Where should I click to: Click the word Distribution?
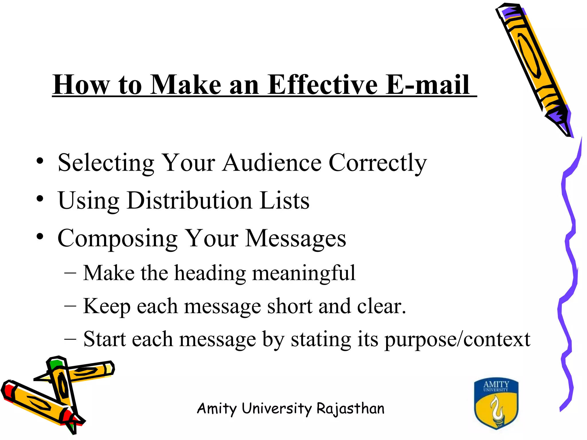[x=189, y=201]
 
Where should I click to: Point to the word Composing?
[x=118, y=239]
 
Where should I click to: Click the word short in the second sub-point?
[x=289, y=306]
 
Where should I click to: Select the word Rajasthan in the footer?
[x=350, y=408]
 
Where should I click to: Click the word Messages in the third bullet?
[x=296, y=239]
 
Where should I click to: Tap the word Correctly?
[x=377, y=163]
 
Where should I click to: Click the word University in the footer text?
[x=276, y=408]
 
